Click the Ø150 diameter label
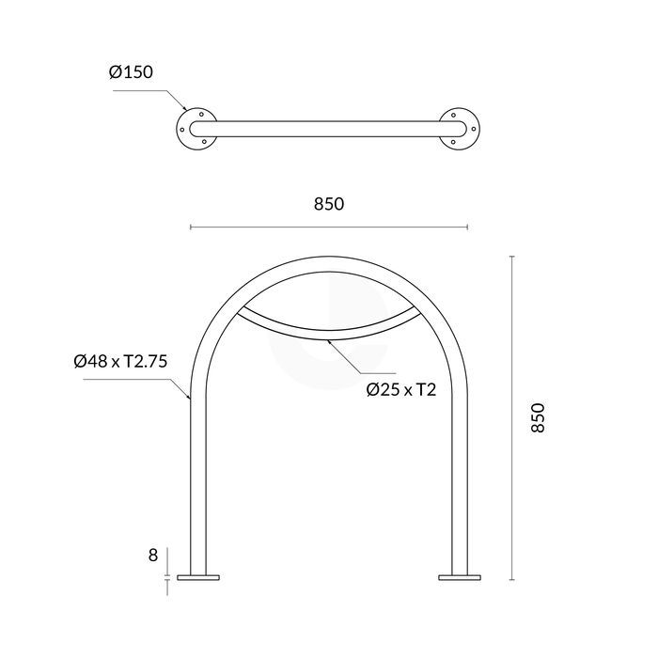click(131, 72)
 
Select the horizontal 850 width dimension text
click(328, 204)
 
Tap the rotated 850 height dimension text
click(537, 417)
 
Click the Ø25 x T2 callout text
click(403, 389)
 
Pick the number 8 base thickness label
click(152, 556)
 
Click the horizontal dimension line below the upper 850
click(328, 227)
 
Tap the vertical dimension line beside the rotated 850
click(512, 417)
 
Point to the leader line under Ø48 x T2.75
click(141, 381)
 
